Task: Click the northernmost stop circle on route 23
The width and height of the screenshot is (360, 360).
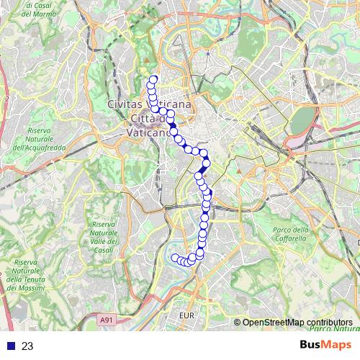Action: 153,80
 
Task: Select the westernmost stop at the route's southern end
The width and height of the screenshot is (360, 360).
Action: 175,258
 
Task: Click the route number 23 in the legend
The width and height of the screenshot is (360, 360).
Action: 28,346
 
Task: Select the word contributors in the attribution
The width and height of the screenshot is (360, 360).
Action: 329,323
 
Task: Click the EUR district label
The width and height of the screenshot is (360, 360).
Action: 186,315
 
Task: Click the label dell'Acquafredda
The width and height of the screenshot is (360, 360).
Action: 39,147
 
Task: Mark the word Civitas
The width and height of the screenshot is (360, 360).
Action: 124,105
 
